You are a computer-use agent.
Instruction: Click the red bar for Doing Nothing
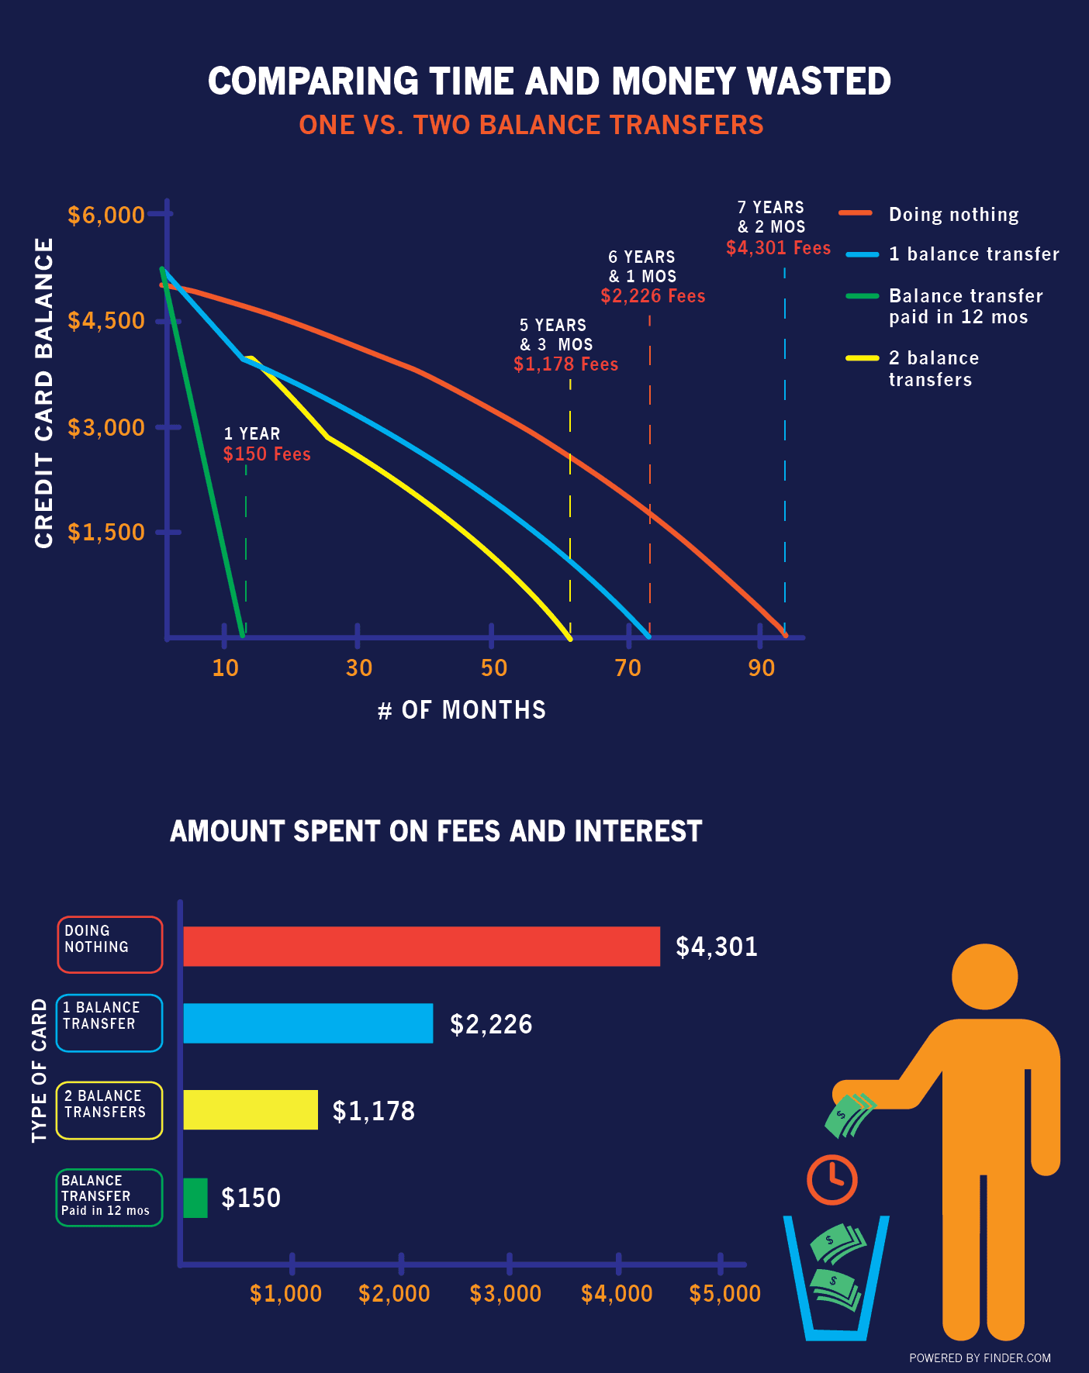click(421, 946)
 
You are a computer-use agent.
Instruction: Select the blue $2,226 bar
click(308, 1023)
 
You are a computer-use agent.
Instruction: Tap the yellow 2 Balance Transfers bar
click(251, 1109)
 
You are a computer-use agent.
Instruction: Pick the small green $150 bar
click(195, 1198)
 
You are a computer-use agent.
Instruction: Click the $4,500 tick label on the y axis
click(106, 321)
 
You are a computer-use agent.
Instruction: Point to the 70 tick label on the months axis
click(627, 668)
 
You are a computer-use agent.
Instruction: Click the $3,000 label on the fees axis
click(506, 1293)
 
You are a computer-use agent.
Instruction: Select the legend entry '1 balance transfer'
click(973, 254)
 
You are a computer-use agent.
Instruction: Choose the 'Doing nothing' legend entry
click(953, 215)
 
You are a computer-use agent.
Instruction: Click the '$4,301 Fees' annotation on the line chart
click(778, 248)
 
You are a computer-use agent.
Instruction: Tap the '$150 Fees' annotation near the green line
click(267, 454)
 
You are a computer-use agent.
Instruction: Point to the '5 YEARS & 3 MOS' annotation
click(555, 335)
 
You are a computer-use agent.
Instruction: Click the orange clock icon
click(831, 1179)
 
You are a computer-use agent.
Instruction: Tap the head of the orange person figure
click(984, 977)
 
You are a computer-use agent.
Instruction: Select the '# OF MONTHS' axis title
click(462, 710)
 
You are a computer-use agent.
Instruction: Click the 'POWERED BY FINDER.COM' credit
click(980, 1357)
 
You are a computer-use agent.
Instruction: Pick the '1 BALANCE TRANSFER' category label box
click(109, 1023)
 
